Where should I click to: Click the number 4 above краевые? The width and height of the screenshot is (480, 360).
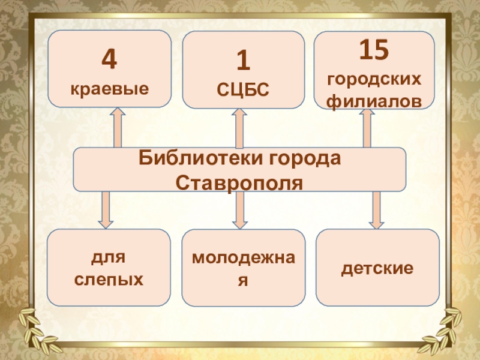point(109,60)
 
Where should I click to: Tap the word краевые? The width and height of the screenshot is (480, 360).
point(109,89)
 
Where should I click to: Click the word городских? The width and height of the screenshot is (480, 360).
point(373,79)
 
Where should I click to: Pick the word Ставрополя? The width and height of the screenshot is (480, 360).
point(239,180)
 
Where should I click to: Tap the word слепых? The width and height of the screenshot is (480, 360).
point(109,279)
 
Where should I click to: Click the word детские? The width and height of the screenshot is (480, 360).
point(377,268)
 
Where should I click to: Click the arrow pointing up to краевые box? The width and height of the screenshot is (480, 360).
point(117,127)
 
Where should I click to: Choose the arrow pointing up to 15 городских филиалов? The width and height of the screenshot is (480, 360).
point(367,127)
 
